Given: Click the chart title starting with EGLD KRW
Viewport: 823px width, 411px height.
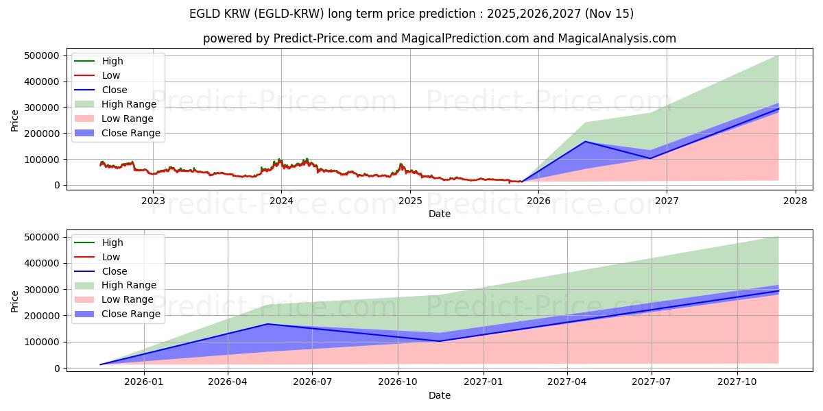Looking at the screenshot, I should (411, 14).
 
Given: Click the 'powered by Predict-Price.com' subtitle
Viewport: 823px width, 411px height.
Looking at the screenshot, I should (439, 38).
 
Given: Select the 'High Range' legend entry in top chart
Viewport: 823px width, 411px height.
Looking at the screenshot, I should (128, 104).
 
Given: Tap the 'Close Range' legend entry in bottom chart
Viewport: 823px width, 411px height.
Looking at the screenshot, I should (131, 314).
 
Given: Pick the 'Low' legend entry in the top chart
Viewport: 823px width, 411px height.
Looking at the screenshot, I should (110, 75).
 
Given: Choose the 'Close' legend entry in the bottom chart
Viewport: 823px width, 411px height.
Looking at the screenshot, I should (114, 271).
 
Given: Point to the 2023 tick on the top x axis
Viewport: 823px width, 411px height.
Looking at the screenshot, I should (153, 201).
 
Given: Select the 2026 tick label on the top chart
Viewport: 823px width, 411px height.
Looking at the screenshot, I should (538, 201).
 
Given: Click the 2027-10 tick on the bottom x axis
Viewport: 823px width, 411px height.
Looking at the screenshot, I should (738, 382).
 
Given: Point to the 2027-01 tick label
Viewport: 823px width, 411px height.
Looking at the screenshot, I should (484, 382).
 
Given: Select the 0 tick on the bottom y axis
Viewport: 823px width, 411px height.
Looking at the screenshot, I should (58, 369).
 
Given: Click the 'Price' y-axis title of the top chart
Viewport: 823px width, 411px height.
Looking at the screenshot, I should (15, 121).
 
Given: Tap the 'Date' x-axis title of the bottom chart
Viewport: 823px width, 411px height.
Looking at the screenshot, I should (440, 395).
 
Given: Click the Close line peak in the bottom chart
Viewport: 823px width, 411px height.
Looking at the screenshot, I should (267, 324).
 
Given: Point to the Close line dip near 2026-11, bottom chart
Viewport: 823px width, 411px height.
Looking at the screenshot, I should (440, 341).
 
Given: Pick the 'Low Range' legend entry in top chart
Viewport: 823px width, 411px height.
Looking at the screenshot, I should (128, 119).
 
